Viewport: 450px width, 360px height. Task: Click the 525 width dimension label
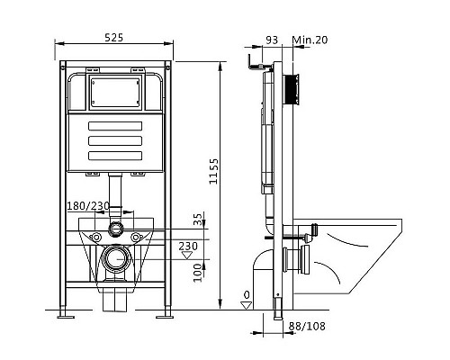114,38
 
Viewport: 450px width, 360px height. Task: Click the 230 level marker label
187,246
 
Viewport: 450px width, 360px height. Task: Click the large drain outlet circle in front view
114,261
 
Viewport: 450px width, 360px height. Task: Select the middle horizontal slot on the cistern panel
114,139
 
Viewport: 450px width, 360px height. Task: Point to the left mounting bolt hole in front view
93,238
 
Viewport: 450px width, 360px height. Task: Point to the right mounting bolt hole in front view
137,238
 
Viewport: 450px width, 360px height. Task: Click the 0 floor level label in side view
247,294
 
